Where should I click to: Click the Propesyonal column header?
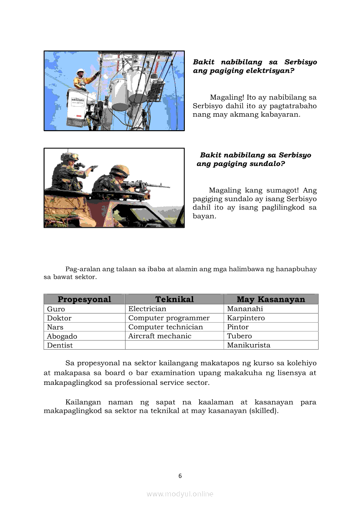point(84,299)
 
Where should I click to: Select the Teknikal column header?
point(174,299)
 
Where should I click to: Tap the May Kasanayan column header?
point(271,299)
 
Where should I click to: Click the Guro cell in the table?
point(56,309)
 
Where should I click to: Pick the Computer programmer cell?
point(169,318)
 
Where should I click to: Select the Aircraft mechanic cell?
point(160,336)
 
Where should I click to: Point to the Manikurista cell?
point(248,345)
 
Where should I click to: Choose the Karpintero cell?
point(246,318)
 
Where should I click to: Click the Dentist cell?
point(60,345)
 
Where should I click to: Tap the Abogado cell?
point(62,336)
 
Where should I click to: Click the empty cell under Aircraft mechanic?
point(174,345)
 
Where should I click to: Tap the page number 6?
point(180,476)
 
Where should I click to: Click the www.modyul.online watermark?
point(180,494)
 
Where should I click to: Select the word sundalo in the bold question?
point(261,164)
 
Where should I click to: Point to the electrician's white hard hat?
point(80,71)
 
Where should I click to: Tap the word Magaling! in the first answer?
point(227,98)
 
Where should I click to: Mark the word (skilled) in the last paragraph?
point(263,411)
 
